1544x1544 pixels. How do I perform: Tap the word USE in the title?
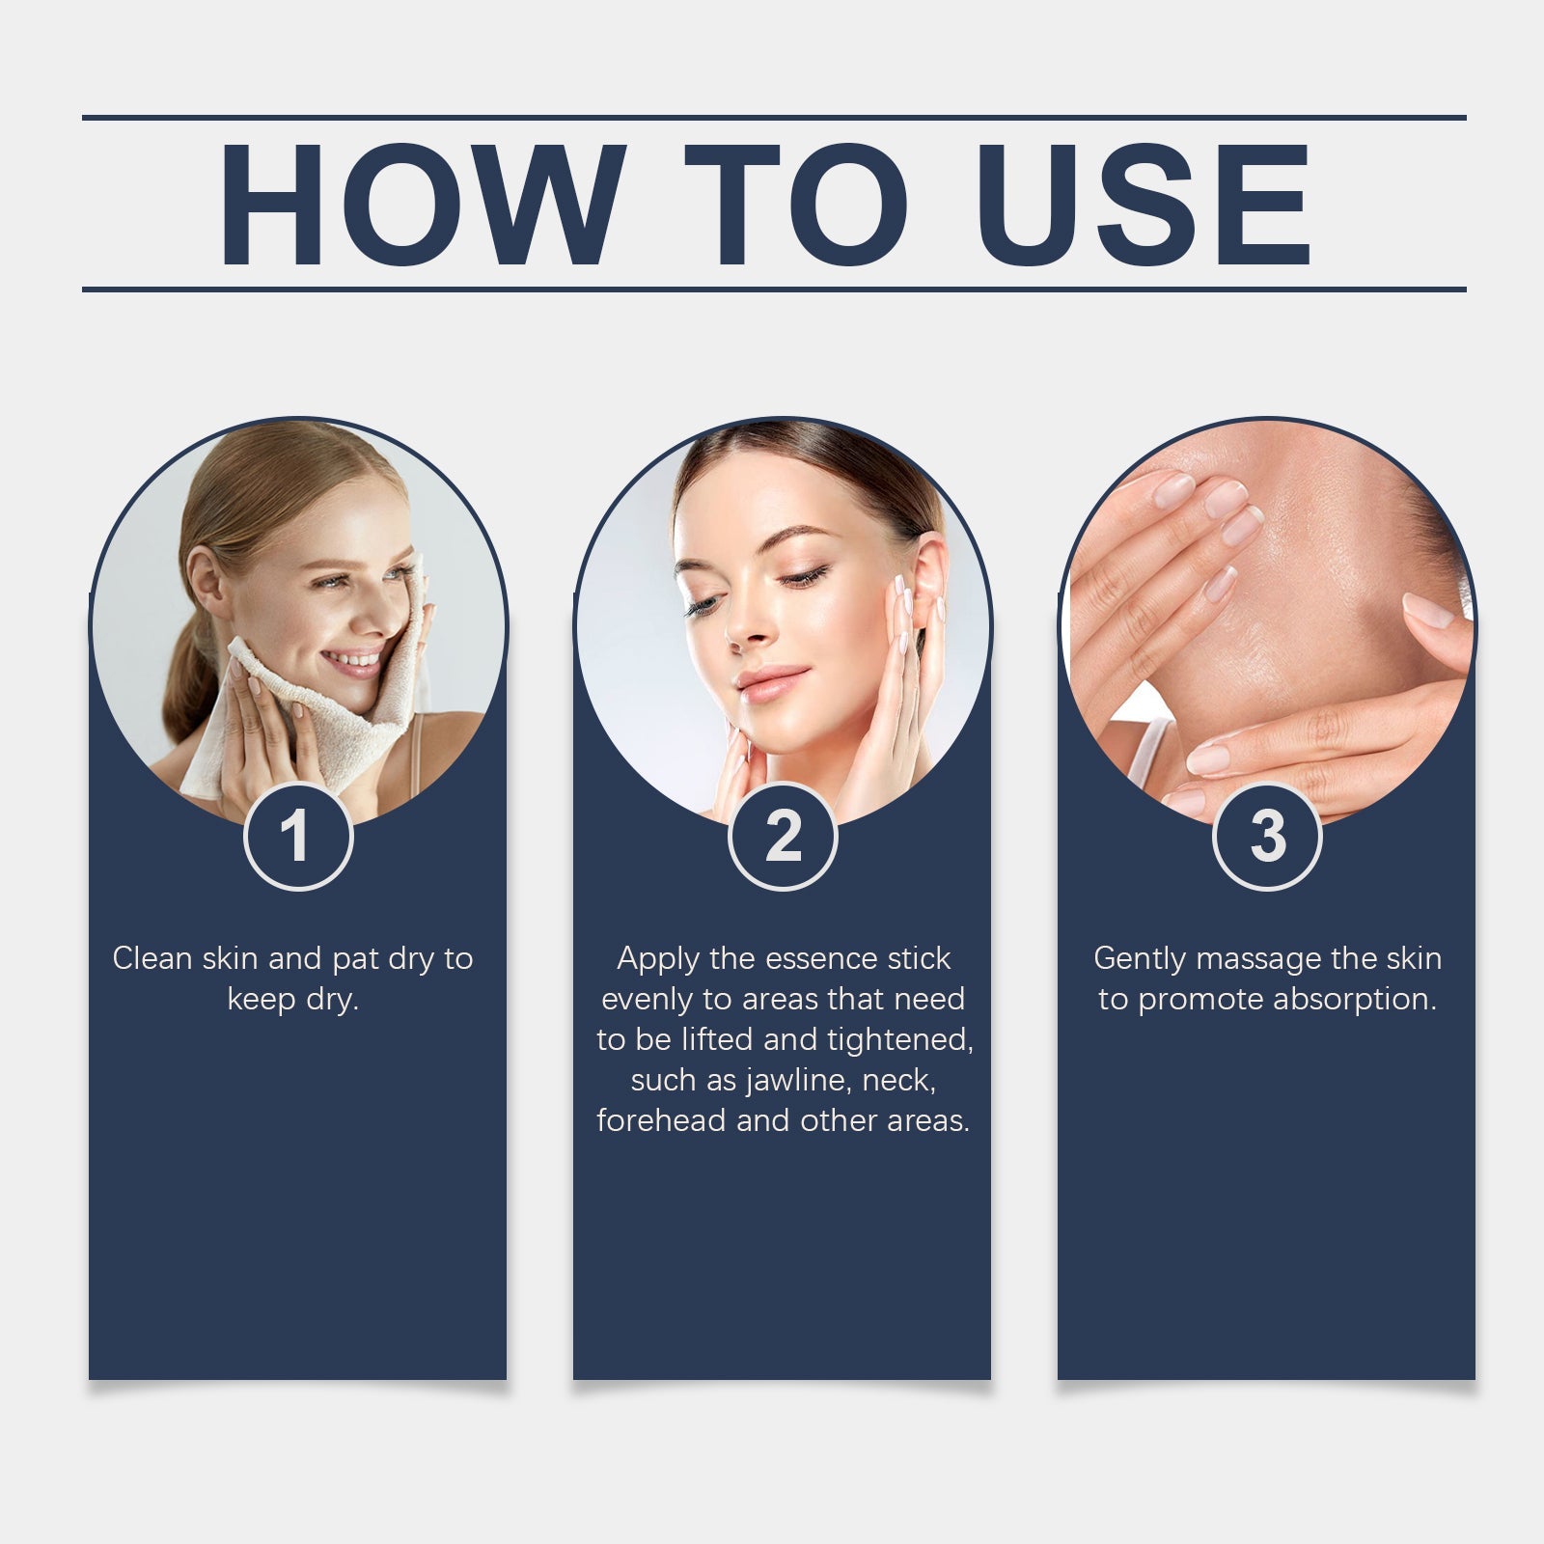1144,205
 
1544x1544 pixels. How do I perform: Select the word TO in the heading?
797,205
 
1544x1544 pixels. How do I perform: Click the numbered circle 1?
297,837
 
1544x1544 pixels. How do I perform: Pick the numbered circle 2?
783,837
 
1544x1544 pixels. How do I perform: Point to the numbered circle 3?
1267,837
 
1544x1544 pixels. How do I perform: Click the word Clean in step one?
152,958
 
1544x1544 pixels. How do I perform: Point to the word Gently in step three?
1139,958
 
